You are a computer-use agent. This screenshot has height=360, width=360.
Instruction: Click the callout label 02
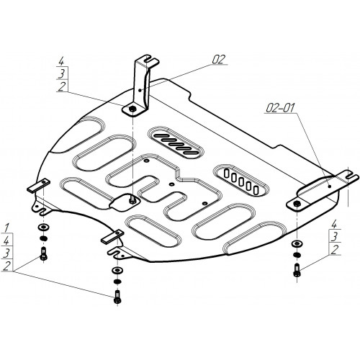[219, 59]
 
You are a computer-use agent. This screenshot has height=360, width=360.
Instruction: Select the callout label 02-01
[280, 108]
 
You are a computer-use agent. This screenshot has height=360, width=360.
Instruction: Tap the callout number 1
[6, 228]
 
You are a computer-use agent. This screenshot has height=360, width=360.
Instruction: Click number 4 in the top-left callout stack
[61, 61]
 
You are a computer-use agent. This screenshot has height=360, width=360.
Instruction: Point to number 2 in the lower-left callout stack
[7, 266]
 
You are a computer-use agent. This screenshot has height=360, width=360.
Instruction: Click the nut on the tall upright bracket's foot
[132, 109]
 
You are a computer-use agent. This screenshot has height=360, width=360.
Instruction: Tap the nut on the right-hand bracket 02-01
[297, 204]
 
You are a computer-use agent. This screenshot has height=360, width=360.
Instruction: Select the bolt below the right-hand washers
[297, 270]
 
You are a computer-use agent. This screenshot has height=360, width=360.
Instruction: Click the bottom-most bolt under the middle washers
[117, 297]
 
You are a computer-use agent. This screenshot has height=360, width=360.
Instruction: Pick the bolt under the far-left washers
[43, 253]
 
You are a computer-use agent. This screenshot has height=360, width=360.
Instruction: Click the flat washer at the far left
[43, 227]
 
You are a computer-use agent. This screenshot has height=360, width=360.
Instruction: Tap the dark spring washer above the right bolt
[297, 254]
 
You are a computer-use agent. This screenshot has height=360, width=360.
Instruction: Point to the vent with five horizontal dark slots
[176, 143]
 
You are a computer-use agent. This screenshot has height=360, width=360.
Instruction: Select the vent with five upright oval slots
[240, 180]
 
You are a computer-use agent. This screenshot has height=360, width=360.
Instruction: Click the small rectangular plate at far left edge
[39, 186]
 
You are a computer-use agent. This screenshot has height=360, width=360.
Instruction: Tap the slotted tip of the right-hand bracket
[350, 176]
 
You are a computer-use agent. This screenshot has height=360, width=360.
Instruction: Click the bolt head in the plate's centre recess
[132, 199]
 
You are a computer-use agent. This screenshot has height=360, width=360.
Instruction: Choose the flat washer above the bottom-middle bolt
[117, 270]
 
